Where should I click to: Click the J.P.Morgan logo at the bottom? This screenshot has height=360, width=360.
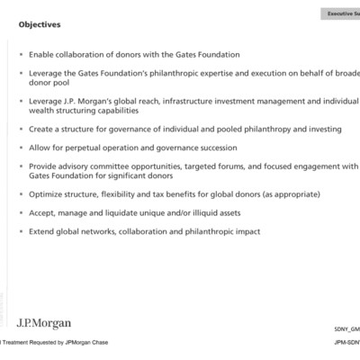[x=43, y=323]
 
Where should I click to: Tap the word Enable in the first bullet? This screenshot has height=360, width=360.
[x=45, y=54]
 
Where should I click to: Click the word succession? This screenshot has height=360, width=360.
[x=214, y=147]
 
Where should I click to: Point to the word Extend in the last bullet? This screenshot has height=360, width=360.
[x=44, y=231]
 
